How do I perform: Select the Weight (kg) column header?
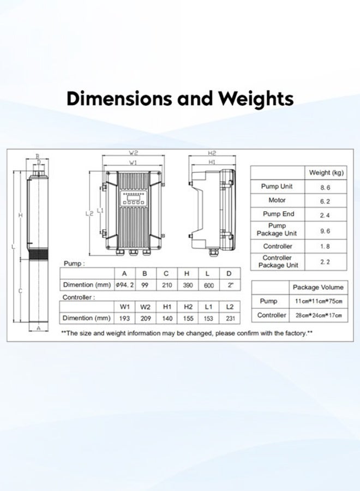[326, 172]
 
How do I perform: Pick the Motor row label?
[277, 200]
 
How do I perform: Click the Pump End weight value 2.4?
[325, 214]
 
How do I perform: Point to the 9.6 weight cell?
[325, 230]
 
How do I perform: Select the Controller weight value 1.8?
[325, 247]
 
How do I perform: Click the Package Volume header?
[318, 287]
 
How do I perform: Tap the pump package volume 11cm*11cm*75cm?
[318, 301]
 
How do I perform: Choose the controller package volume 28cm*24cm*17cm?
[318, 315]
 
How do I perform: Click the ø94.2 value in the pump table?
[124, 285]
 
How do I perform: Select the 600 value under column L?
[207, 285]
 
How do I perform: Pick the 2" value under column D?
[229, 285]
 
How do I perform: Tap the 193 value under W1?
[124, 318]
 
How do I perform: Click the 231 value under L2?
[229, 318]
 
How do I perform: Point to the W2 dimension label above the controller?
[134, 153]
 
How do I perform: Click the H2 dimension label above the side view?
[212, 153]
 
